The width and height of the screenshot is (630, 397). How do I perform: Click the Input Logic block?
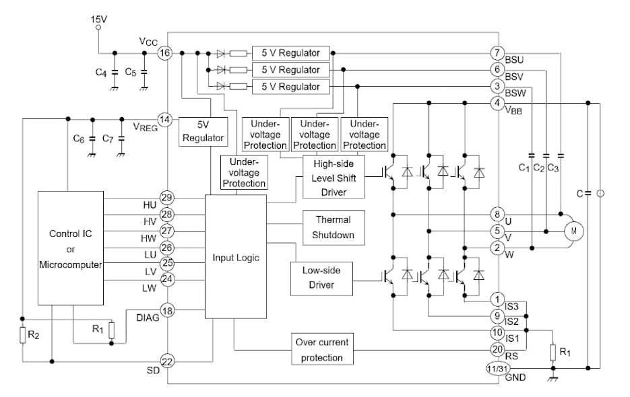[x=236, y=257]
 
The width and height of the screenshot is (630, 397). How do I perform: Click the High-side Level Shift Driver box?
[x=334, y=176]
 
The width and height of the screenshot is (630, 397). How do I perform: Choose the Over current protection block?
[x=321, y=349]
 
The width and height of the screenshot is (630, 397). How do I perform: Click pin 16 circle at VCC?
[x=166, y=52]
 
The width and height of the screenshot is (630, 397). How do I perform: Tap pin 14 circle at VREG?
[x=166, y=119]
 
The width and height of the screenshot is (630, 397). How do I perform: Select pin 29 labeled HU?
[x=167, y=198]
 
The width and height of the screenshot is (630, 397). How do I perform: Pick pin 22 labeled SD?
[x=167, y=361]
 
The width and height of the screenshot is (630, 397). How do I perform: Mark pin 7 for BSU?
[x=497, y=52]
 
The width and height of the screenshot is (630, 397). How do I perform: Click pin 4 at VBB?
[x=497, y=103]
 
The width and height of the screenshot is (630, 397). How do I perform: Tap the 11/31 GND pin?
[x=496, y=368]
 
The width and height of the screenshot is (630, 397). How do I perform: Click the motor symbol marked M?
[x=574, y=230]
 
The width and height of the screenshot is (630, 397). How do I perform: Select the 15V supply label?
[x=99, y=20]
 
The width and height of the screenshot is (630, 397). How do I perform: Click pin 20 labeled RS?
[x=497, y=349]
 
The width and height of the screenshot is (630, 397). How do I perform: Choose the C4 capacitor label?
[x=101, y=72]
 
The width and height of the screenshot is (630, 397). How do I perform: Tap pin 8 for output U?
[x=497, y=215]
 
